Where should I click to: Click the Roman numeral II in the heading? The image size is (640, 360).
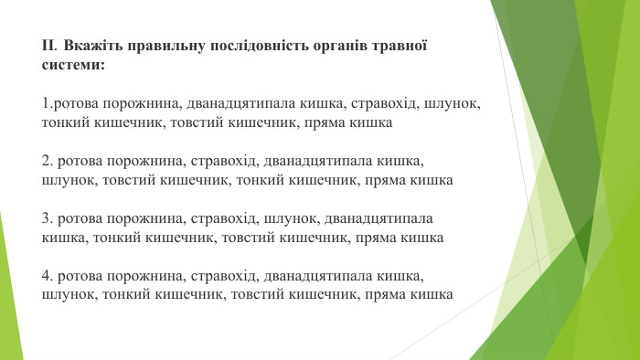pyautogui.click(x=48, y=45)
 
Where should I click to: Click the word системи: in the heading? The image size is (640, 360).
pyautogui.click(x=73, y=66)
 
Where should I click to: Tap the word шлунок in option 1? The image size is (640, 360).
pyautogui.click(x=450, y=103)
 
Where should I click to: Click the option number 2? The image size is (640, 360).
pyautogui.click(x=47, y=162)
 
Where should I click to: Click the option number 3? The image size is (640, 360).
pyautogui.click(x=47, y=220)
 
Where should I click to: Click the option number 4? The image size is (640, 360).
pyautogui.click(x=47, y=276)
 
